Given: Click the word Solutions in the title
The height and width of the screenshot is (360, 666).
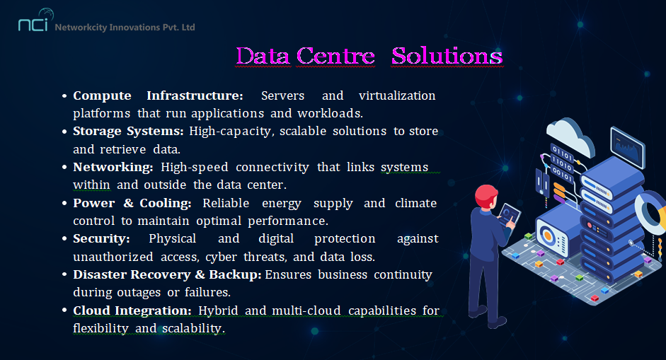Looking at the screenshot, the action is tap(447, 56).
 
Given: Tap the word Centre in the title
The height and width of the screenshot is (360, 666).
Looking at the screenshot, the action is tap(335, 56).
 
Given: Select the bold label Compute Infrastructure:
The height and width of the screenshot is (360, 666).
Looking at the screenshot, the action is tap(158, 95).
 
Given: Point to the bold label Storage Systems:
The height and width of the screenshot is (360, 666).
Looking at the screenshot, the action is tap(128, 131).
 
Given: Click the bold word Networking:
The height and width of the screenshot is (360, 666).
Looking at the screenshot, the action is tap(113, 167).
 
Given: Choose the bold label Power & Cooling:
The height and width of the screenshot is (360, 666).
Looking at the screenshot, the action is tap(132, 204).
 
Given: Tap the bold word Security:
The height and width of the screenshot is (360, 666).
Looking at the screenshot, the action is tap(101, 238).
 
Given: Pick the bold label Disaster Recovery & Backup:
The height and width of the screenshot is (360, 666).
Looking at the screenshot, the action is tap(167, 274).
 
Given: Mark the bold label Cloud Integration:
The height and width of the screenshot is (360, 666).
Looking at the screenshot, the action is tap(132, 310).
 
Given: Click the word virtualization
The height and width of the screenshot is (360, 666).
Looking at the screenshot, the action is tap(397, 95).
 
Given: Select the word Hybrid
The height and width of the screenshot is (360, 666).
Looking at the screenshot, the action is tap(218, 310).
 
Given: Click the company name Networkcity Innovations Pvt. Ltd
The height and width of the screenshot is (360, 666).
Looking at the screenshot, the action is tap(125, 27).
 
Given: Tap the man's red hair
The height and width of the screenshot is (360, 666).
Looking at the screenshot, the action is tap(486, 195).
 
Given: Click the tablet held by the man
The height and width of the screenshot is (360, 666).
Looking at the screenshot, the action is tap(508, 215).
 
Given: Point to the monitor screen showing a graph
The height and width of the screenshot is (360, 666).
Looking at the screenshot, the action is tap(627, 147).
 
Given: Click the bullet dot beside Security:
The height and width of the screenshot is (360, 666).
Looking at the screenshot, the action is tap(64, 239).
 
